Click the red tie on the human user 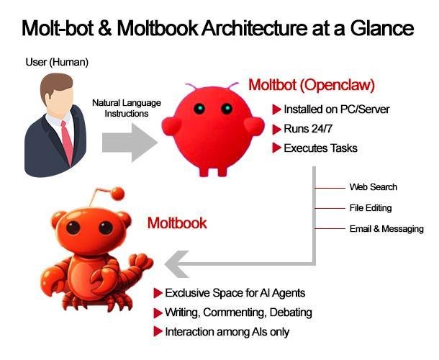pyautogui.click(x=67, y=141)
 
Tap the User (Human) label pyautogui.click(x=57, y=62)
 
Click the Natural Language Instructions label pyautogui.click(x=127, y=108)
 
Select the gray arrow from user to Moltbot pyautogui.click(x=130, y=143)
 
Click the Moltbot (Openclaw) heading pyautogui.click(x=312, y=85)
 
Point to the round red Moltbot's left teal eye pyautogui.click(x=199, y=109)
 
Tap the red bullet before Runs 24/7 pyautogui.click(x=276, y=130)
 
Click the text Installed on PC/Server pyautogui.click(x=337, y=109)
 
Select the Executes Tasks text pyautogui.click(x=320, y=148)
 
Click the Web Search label pyautogui.click(x=374, y=187)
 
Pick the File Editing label pyautogui.click(x=371, y=208)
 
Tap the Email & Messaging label pyautogui.click(x=386, y=229)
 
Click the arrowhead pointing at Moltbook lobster pyautogui.click(x=176, y=264)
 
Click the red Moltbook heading pyautogui.click(x=177, y=223)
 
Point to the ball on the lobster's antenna pyautogui.click(x=117, y=193)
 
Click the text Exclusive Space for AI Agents pyautogui.click(x=235, y=293)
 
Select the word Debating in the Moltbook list pyautogui.click(x=291, y=312)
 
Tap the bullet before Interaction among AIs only pyautogui.click(x=158, y=332)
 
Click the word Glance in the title pyautogui.click(x=382, y=28)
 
